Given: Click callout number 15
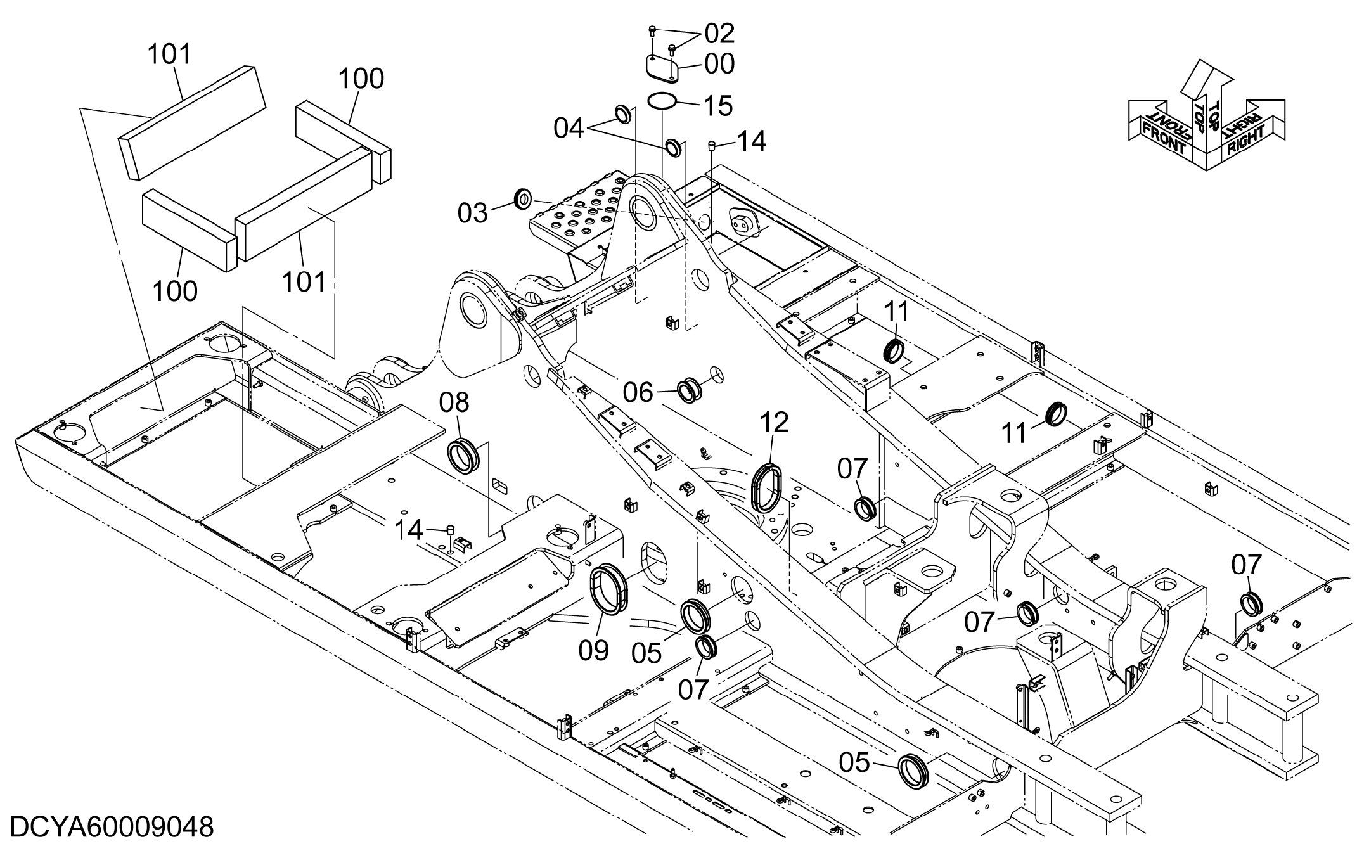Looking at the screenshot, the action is [x=719, y=105].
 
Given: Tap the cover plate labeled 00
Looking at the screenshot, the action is [x=661, y=69].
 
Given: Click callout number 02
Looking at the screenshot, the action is [x=719, y=33].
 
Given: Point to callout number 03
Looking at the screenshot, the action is [x=473, y=213].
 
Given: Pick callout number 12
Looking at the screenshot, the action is [x=775, y=422].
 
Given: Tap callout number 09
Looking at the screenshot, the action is [x=594, y=650].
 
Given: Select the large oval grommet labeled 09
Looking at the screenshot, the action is [x=608, y=589].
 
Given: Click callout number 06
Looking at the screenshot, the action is [x=638, y=393].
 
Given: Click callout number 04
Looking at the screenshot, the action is [x=569, y=129].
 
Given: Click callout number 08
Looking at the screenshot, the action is [x=454, y=403].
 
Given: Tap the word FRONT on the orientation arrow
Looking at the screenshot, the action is [x=1162, y=140].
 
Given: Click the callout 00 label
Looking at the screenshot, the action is [x=719, y=64].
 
